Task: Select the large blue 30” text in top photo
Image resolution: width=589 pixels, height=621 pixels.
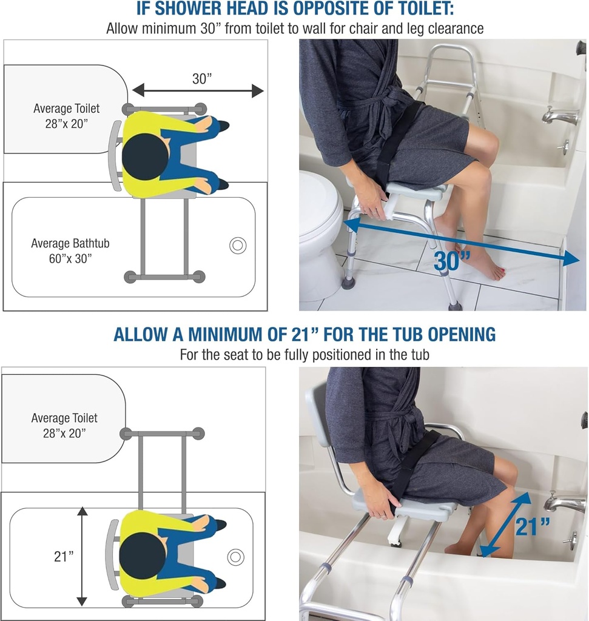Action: tap(453, 261)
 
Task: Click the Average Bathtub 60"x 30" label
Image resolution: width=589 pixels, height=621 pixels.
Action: tap(70, 250)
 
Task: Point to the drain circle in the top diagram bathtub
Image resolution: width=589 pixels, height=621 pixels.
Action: tap(238, 246)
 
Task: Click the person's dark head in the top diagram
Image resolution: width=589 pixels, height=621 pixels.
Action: tap(145, 156)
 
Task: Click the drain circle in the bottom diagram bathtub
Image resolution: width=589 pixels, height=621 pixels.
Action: tap(235, 556)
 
